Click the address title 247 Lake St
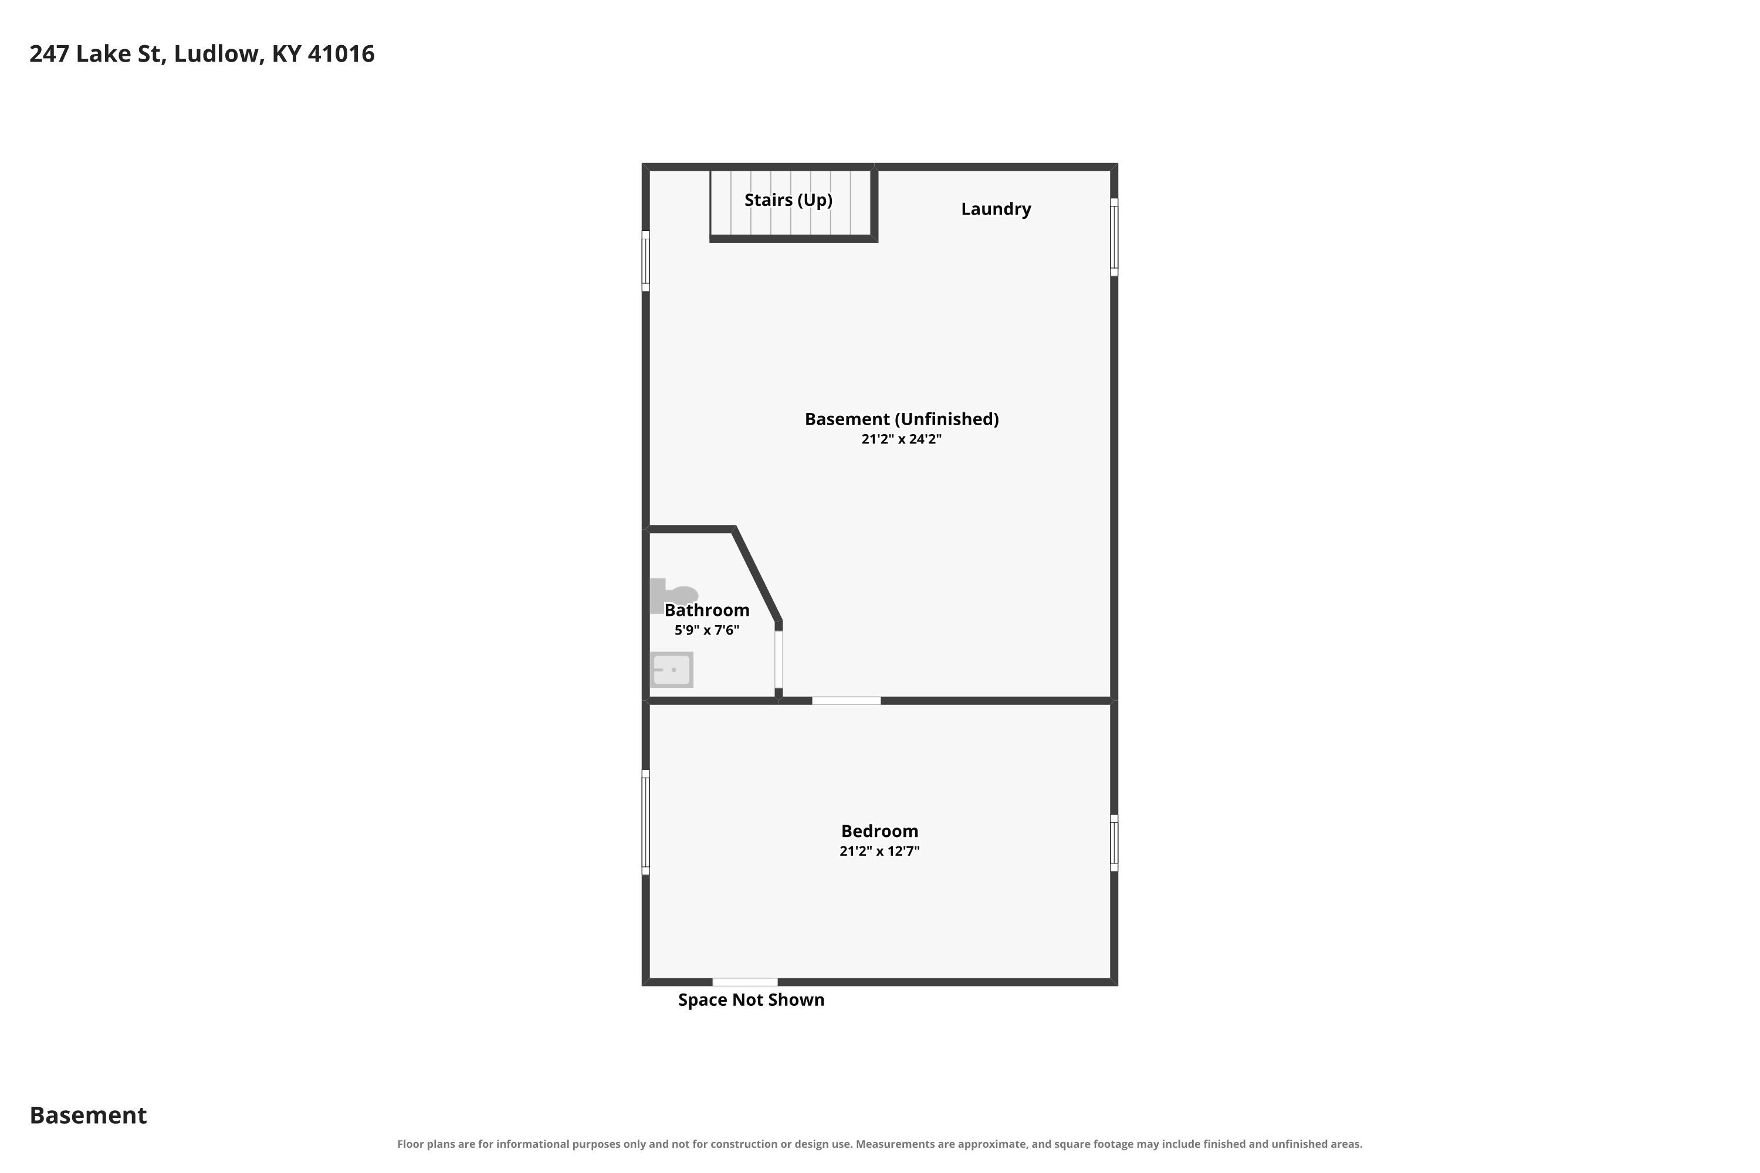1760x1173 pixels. click(97, 55)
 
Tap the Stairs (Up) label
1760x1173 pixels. click(788, 200)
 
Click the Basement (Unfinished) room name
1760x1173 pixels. click(902, 419)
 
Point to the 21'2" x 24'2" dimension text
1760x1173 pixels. click(901, 439)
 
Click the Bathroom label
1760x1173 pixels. click(706, 610)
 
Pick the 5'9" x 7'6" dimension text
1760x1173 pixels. click(706, 630)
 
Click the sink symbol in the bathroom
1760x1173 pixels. click(671, 670)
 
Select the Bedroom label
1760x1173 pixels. click(879, 831)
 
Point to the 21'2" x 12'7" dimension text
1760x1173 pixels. click(879, 850)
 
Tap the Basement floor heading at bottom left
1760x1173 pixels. click(89, 1116)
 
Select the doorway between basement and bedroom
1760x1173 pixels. click(847, 701)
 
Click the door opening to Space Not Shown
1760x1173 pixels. click(744, 982)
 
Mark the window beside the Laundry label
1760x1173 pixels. click(1114, 237)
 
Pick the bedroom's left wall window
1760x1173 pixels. click(646, 822)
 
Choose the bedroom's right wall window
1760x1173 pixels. click(1114, 843)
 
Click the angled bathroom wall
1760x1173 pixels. click(757, 575)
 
